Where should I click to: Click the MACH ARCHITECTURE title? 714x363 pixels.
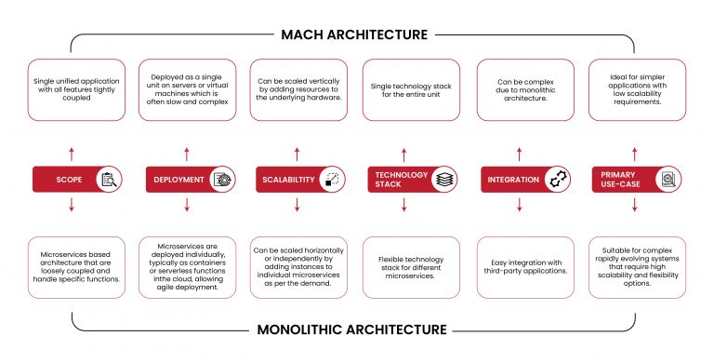pos(355,34)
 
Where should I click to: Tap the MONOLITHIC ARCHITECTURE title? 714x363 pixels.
pos(355,329)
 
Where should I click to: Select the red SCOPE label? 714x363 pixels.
pos(64,179)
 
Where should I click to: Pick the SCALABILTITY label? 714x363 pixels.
pos(285,179)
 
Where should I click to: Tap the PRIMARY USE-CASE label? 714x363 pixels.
pos(620,179)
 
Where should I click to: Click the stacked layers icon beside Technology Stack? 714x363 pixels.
pos(443,179)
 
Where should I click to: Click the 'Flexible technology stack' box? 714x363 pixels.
pos(410,267)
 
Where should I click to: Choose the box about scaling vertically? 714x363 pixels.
pos(298,89)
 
